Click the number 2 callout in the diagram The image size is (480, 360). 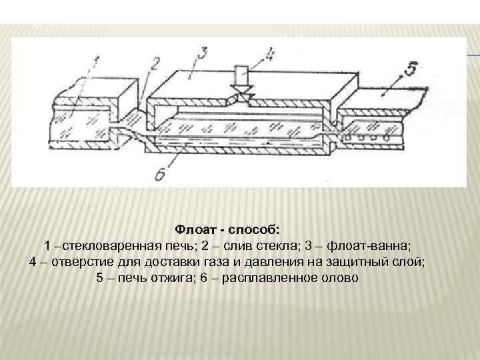[155, 65]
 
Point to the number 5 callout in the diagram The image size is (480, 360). [411, 67]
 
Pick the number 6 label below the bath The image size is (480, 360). [159, 175]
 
